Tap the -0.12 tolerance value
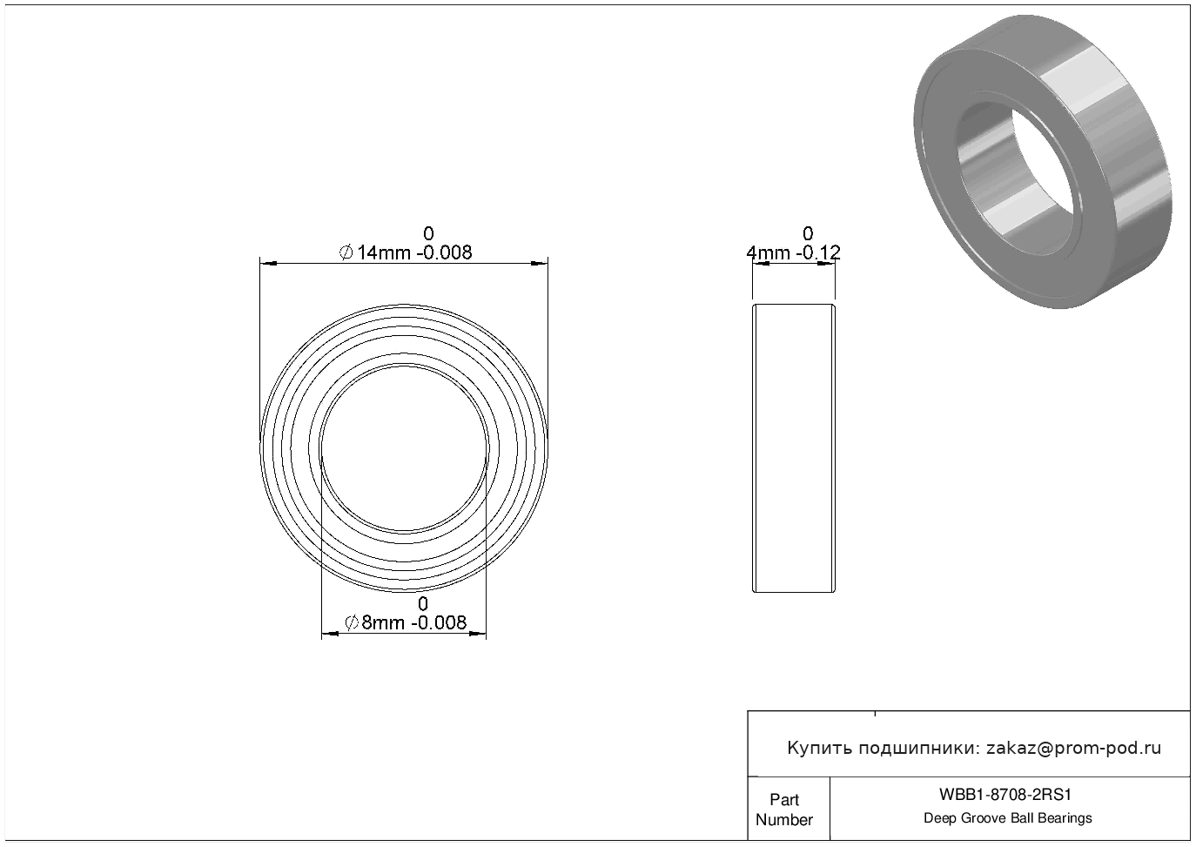point(818,252)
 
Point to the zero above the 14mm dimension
point(428,233)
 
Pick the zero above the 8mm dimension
point(423,603)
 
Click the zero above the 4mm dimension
point(808,233)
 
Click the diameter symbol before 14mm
point(346,252)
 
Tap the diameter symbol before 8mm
point(352,622)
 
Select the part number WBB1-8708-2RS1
point(1005,795)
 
